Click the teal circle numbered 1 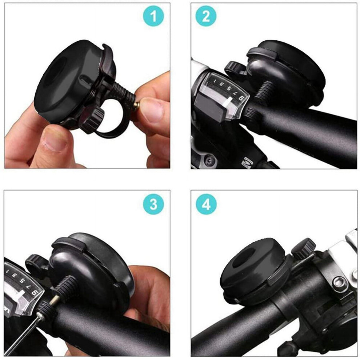coord(153,16)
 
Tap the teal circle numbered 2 coord(206,16)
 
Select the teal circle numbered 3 coord(153,204)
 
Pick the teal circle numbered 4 coord(206,204)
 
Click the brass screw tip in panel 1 coord(136,105)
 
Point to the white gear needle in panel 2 coord(228,103)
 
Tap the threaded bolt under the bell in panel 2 coord(264,92)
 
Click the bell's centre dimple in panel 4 coord(243,259)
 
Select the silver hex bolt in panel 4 coord(339,283)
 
